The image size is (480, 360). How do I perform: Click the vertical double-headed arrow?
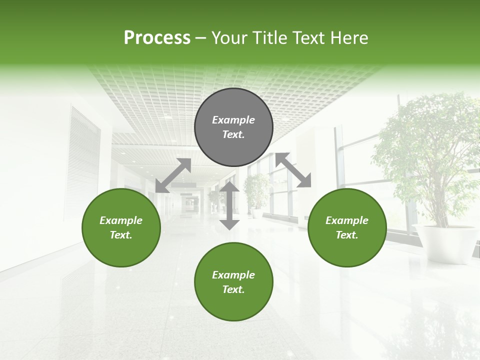pyautogui.click(x=229, y=205)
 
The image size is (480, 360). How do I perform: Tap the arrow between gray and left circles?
pyautogui.click(x=173, y=175)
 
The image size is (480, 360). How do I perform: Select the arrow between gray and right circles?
pyautogui.click(x=293, y=170)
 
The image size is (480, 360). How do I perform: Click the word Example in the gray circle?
pyautogui.click(x=233, y=120)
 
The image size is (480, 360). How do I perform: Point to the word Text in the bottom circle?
pyautogui.click(x=233, y=289)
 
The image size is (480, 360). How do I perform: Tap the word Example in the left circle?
pyautogui.click(x=121, y=220)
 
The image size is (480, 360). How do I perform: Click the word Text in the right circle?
pyautogui.click(x=347, y=235)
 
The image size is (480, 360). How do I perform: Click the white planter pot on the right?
pyautogui.click(x=444, y=242)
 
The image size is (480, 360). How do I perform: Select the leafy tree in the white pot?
pyautogui.click(x=425, y=150)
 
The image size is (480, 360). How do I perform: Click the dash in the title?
pyautogui.click(x=201, y=38)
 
